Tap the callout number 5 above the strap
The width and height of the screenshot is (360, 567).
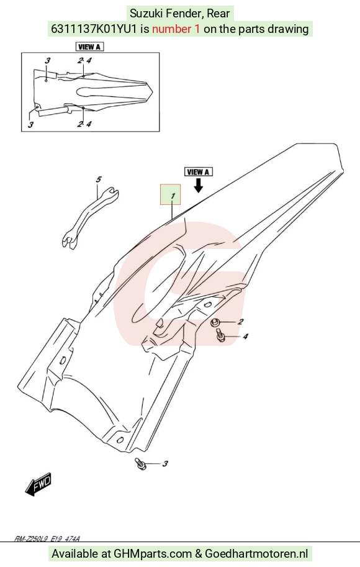(x=98, y=179)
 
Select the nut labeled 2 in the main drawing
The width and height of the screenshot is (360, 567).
(x=215, y=322)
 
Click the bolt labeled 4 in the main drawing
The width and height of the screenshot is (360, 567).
(x=220, y=335)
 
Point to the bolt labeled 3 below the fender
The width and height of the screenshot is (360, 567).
(x=140, y=463)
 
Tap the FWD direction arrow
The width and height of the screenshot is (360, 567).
(x=38, y=484)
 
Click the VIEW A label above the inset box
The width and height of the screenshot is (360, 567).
(x=89, y=47)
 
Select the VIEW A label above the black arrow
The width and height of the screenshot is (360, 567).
(x=198, y=172)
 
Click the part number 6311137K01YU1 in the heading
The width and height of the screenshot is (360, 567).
(x=94, y=29)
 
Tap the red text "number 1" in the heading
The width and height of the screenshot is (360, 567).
(x=176, y=29)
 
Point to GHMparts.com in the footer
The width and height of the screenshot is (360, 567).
(x=153, y=553)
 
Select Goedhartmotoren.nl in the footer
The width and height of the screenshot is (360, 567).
(x=256, y=553)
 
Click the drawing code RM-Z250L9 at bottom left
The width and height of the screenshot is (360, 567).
(x=30, y=539)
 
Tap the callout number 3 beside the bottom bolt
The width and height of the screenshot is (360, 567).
(x=165, y=463)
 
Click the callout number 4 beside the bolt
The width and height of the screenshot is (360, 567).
(x=245, y=337)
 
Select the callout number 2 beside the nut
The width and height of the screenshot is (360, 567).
(x=240, y=322)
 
